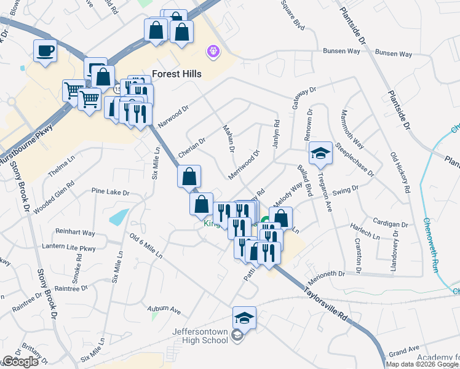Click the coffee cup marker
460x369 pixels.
click(45, 50)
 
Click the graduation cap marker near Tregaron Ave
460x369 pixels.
click(320, 153)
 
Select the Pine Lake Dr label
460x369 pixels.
click(110, 192)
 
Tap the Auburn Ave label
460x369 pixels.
click(164, 309)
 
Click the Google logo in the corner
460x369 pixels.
click(20, 362)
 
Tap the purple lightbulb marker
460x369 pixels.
click(213, 51)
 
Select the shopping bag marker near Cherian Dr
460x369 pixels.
click(189, 176)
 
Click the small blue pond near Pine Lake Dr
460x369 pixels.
click(119, 216)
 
